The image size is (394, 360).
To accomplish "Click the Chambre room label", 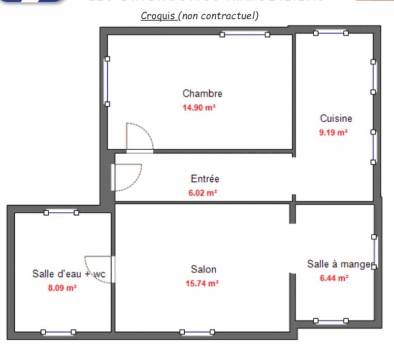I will pos(202,93).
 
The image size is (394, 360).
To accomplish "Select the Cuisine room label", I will pos(336,118).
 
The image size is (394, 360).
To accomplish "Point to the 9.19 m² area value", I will pos(333,132).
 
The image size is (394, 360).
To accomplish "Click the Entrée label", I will pos(205,179).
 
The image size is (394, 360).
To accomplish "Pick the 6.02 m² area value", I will pos(203,194).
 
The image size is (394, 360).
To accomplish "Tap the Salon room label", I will pos(203,269).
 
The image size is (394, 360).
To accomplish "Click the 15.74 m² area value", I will pos(202,283).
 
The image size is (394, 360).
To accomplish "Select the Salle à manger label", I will pos(339,264).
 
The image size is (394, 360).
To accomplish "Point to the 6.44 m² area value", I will pos(334,278).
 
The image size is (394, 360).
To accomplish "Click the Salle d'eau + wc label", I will pos(68,274).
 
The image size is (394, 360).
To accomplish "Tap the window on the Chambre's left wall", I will pos(107,81).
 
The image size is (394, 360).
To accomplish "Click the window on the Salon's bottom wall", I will pos(197,332).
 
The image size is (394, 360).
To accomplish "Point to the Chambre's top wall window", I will pos(245,34).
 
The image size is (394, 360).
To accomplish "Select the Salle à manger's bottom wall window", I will pos(331,321).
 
